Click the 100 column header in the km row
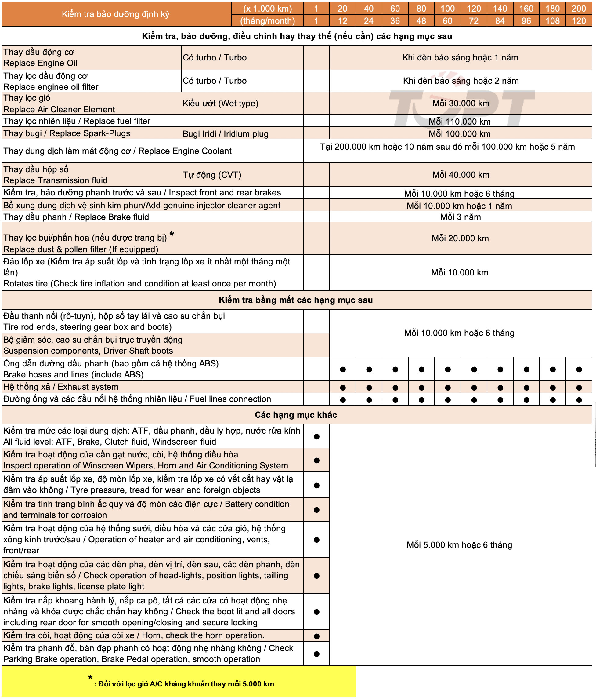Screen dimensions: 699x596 coord(447,9)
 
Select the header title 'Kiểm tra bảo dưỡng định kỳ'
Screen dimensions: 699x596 coord(116,14)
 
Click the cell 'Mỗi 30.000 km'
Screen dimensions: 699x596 coord(461,103)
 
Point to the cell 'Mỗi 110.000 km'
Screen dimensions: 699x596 coord(460,122)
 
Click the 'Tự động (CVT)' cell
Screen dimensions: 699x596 coord(212,175)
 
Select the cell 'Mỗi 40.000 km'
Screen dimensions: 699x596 coord(461,175)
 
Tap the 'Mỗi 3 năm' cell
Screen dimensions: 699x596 coord(461,217)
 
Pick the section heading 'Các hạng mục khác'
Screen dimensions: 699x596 coord(296,415)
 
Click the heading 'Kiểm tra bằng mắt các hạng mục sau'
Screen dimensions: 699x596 coord(296,300)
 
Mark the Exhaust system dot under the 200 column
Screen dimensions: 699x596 coord(579,388)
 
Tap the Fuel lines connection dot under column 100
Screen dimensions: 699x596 coord(448,400)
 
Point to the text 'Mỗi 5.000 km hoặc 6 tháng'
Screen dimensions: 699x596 coord(459,545)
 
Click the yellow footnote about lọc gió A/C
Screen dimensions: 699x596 coord(184,684)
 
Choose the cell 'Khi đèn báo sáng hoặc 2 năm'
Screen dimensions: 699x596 coord(461,81)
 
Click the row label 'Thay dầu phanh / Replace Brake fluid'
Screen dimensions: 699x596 coord(76,217)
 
